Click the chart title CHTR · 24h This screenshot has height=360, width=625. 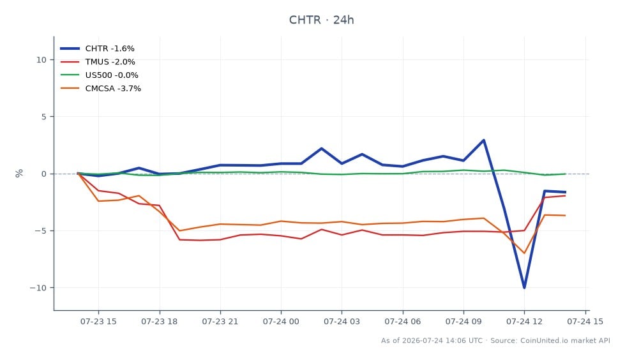click(x=321, y=20)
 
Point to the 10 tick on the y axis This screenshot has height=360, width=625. click(x=41, y=60)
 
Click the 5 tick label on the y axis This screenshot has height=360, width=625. click(x=44, y=117)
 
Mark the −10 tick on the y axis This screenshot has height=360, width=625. click(x=38, y=288)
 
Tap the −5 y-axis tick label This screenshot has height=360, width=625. click(x=41, y=231)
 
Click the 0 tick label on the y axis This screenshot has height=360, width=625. click(x=44, y=174)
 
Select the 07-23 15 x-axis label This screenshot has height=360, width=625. click(x=98, y=321)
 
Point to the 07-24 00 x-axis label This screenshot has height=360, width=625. click(x=281, y=321)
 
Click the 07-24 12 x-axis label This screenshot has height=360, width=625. click(x=524, y=321)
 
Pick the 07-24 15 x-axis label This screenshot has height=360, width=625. click(x=585, y=321)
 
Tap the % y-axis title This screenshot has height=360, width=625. click(x=19, y=174)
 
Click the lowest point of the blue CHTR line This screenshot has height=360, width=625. click(x=524, y=288)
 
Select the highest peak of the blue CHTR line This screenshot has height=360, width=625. click(x=483, y=140)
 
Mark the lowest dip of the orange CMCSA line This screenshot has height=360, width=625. click(x=524, y=253)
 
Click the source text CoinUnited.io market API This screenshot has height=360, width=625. click(x=565, y=340)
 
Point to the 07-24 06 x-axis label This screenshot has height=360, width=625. click(x=403, y=321)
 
